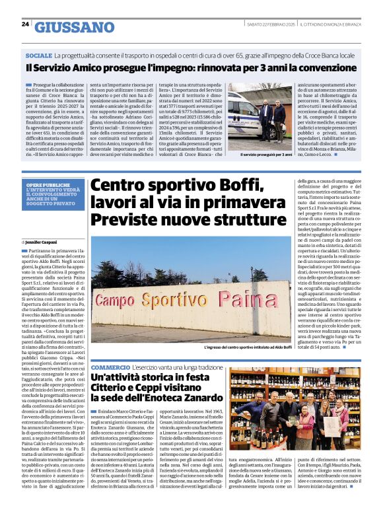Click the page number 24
[25, 24]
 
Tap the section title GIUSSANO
[74, 26]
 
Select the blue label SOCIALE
[39, 56]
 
